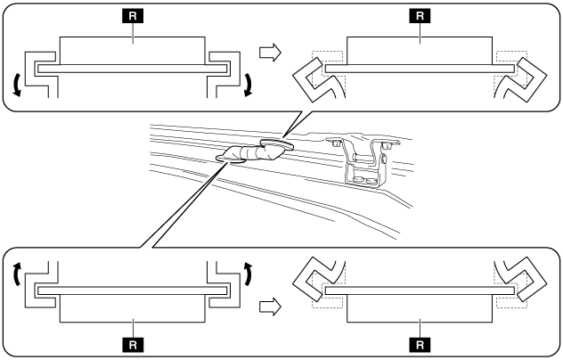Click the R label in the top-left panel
click(132, 15)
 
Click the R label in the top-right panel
click(419, 15)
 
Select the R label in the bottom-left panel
click(132, 341)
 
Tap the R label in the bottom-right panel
click(419, 341)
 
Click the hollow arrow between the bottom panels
click(270, 306)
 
